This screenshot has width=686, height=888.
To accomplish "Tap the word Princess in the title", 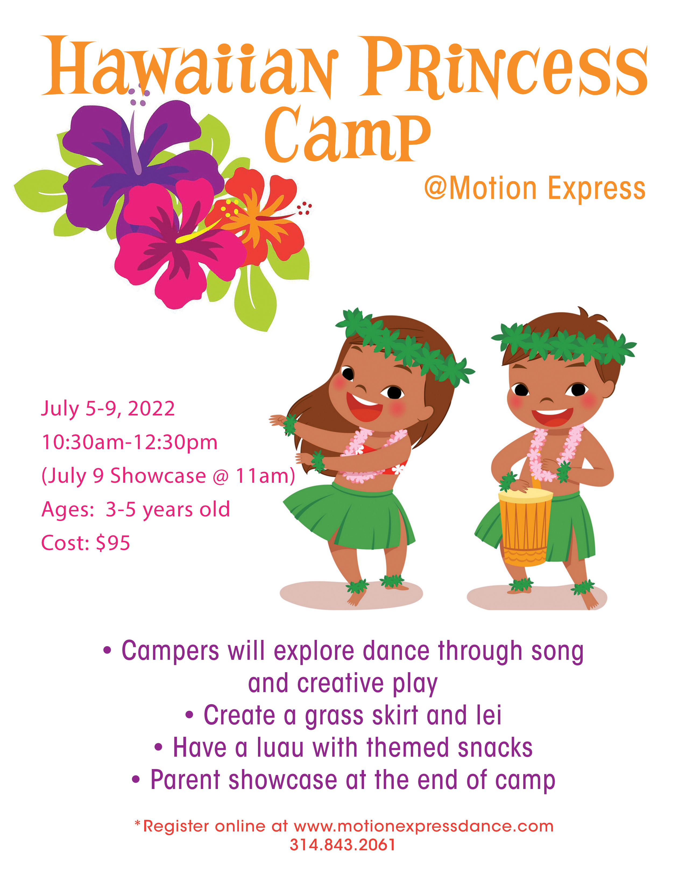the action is click(504, 67).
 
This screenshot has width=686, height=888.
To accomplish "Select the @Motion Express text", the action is click(535, 189).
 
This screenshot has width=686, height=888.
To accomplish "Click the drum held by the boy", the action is click(525, 527).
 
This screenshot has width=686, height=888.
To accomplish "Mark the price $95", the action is click(113, 543).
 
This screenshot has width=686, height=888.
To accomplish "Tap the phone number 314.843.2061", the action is click(342, 844).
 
